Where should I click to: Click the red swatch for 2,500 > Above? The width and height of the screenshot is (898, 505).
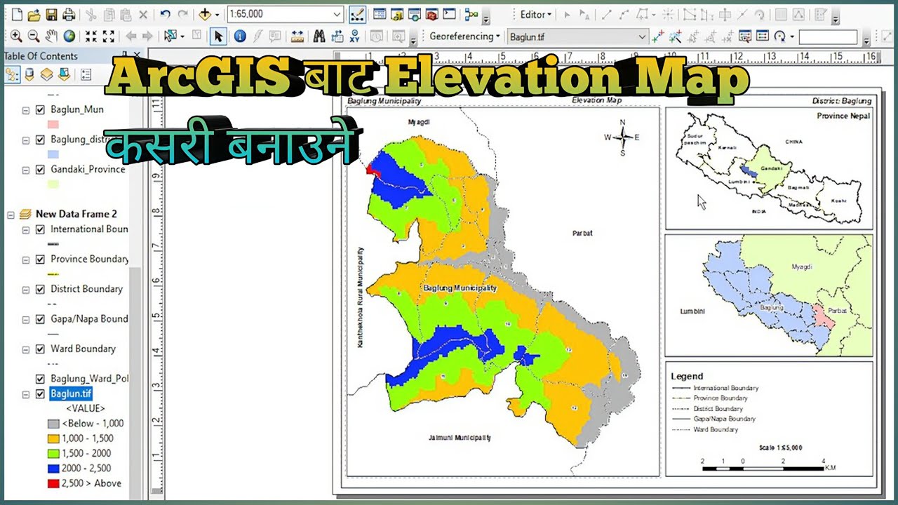click(53, 483)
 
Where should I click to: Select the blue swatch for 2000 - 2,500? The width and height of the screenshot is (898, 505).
click(53, 469)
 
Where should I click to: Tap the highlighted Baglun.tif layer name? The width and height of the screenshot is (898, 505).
click(71, 394)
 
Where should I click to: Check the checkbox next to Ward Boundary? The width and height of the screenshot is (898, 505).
click(40, 349)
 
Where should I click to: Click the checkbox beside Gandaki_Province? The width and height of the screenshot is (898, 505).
click(40, 170)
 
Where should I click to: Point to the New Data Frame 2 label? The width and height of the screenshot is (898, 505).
click(76, 214)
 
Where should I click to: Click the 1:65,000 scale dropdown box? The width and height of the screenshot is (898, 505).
click(284, 14)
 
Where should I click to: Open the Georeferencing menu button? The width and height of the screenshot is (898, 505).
click(464, 36)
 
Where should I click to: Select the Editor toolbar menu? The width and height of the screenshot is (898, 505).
click(536, 14)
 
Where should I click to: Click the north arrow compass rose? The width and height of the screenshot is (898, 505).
click(622, 137)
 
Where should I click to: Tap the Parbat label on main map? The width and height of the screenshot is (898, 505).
click(582, 233)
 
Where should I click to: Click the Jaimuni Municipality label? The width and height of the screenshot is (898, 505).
click(459, 438)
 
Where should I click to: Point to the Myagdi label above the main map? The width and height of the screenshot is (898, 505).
click(419, 122)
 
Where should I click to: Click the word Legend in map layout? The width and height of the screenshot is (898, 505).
click(687, 377)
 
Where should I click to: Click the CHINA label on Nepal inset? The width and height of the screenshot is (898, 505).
click(793, 142)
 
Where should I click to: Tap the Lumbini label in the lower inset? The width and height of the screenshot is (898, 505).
click(692, 311)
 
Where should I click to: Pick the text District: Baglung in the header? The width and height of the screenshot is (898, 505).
click(840, 101)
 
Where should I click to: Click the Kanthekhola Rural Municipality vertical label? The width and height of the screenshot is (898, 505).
click(361, 298)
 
